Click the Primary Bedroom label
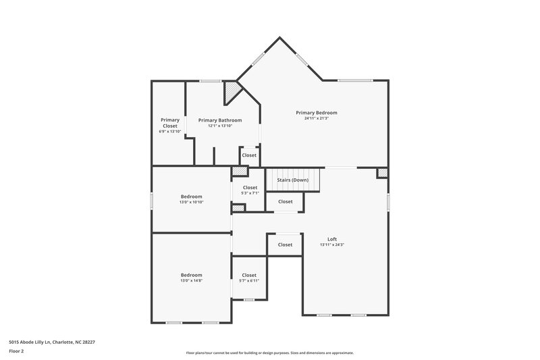tap(317, 113)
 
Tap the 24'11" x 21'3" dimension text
tap(317, 119)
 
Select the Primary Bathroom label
tap(220, 120)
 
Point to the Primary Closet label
tap(170, 123)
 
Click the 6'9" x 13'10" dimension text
tap(170, 131)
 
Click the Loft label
tap(332, 239)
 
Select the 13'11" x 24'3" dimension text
tap(332, 245)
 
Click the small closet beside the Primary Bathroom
tap(249, 155)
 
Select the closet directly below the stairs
tap(286, 201)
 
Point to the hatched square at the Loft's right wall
tap(383, 174)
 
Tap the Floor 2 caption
tap(17, 351)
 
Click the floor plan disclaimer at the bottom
tap(270, 353)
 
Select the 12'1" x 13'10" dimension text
tap(220, 126)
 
